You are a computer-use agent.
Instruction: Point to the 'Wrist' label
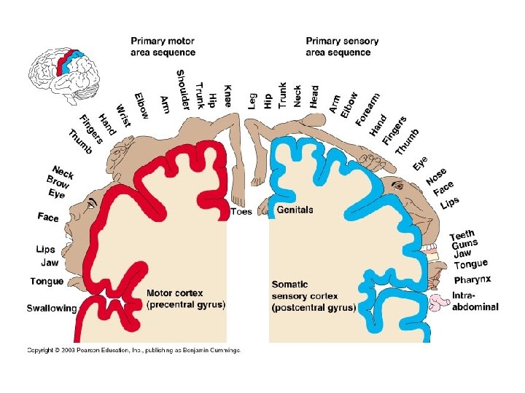[122, 115]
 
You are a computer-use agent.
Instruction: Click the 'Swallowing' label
[52, 308]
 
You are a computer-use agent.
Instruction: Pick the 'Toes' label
[241, 212]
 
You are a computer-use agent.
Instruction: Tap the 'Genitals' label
[295, 210]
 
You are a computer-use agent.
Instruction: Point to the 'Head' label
[314, 96]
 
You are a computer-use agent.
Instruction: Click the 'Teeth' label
[462, 235]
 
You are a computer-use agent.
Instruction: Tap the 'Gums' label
[464, 245]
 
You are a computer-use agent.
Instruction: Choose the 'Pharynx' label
[472, 279]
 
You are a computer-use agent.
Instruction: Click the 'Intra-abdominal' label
[475, 301]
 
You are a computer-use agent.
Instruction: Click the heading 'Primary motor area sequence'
[163, 47]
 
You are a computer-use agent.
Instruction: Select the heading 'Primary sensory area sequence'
[342, 47]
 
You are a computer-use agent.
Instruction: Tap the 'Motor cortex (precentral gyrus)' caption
[186, 299]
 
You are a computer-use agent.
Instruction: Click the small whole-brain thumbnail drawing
[63, 71]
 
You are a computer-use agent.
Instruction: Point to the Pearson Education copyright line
[133, 350]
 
